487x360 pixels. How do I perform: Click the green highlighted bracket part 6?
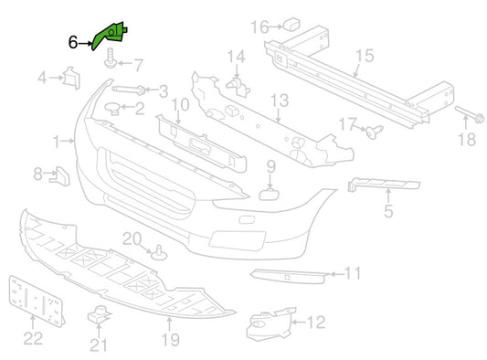[110, 35]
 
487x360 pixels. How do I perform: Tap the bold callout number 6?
[73, 42]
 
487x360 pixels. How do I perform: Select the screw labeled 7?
[111, 58]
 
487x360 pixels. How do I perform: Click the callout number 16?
[259, 26]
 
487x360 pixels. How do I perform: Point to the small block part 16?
[292, 25]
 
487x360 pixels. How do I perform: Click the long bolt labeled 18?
[470, 114]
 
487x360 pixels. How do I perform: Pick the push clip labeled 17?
[374, 132]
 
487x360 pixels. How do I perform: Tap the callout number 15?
[365, 56]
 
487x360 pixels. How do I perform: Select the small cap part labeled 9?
[269, 194]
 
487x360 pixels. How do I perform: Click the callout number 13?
[280, 101]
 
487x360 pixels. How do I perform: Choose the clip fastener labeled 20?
[159, 253]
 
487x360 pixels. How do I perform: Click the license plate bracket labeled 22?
[36, 302]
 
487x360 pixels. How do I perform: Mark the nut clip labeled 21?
[99, 314]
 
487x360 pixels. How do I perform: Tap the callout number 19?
[171, 340]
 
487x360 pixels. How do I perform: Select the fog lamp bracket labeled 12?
[270, 324]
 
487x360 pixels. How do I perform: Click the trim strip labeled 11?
[289, 276]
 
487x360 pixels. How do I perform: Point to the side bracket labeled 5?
[384, 185]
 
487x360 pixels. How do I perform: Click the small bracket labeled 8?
[60, 176]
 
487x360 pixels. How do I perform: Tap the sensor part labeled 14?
[238, 88]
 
